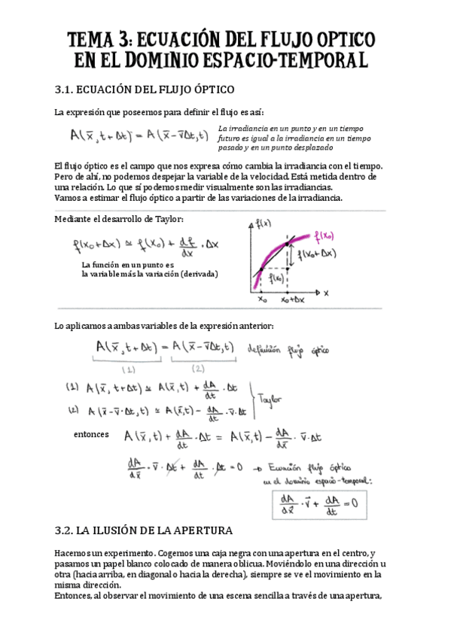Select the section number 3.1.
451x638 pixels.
point(68,90)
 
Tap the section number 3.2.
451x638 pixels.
point(68,530)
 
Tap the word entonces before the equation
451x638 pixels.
point(91,434)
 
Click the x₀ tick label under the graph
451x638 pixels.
point(262,299)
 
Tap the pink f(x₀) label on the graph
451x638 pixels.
point(321,235)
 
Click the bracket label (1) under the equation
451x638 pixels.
point(128,369)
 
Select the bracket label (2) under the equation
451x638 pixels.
point(199,369)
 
